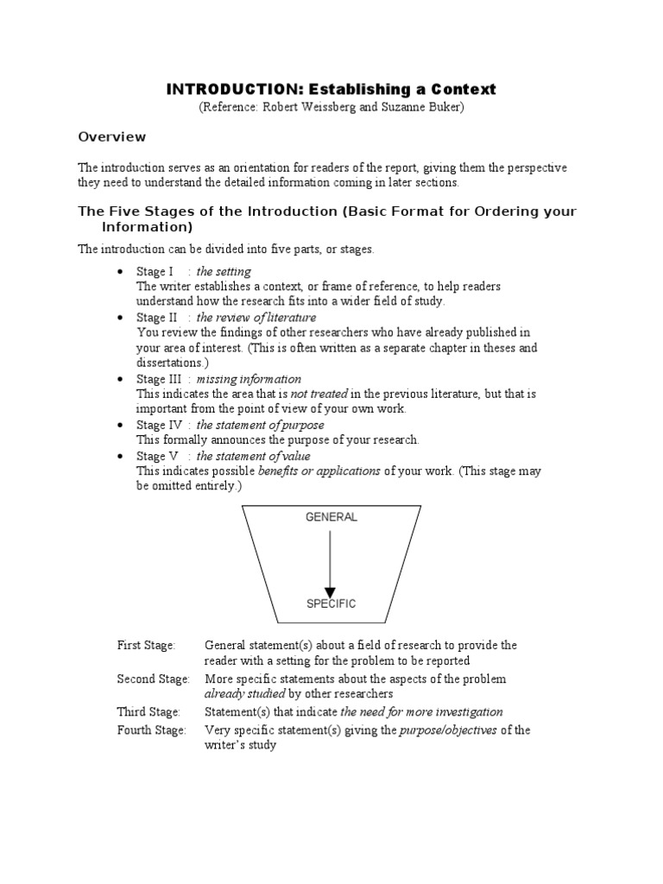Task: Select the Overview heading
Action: coord(112,136)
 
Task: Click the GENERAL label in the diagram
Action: coord(331,517)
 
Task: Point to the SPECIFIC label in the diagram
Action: coord(331,603)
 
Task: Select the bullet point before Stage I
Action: coord(121,272)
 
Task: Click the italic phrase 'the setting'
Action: coord(225,272)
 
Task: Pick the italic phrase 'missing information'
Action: coord(249,379)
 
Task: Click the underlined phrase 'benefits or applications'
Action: coord(319,471)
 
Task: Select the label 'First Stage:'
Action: coord(146,646)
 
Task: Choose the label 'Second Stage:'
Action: coord(154,679)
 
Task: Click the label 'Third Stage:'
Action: coord(148,712)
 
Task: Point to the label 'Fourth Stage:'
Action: coord(152,730)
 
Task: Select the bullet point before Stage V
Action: coord(121,457)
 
